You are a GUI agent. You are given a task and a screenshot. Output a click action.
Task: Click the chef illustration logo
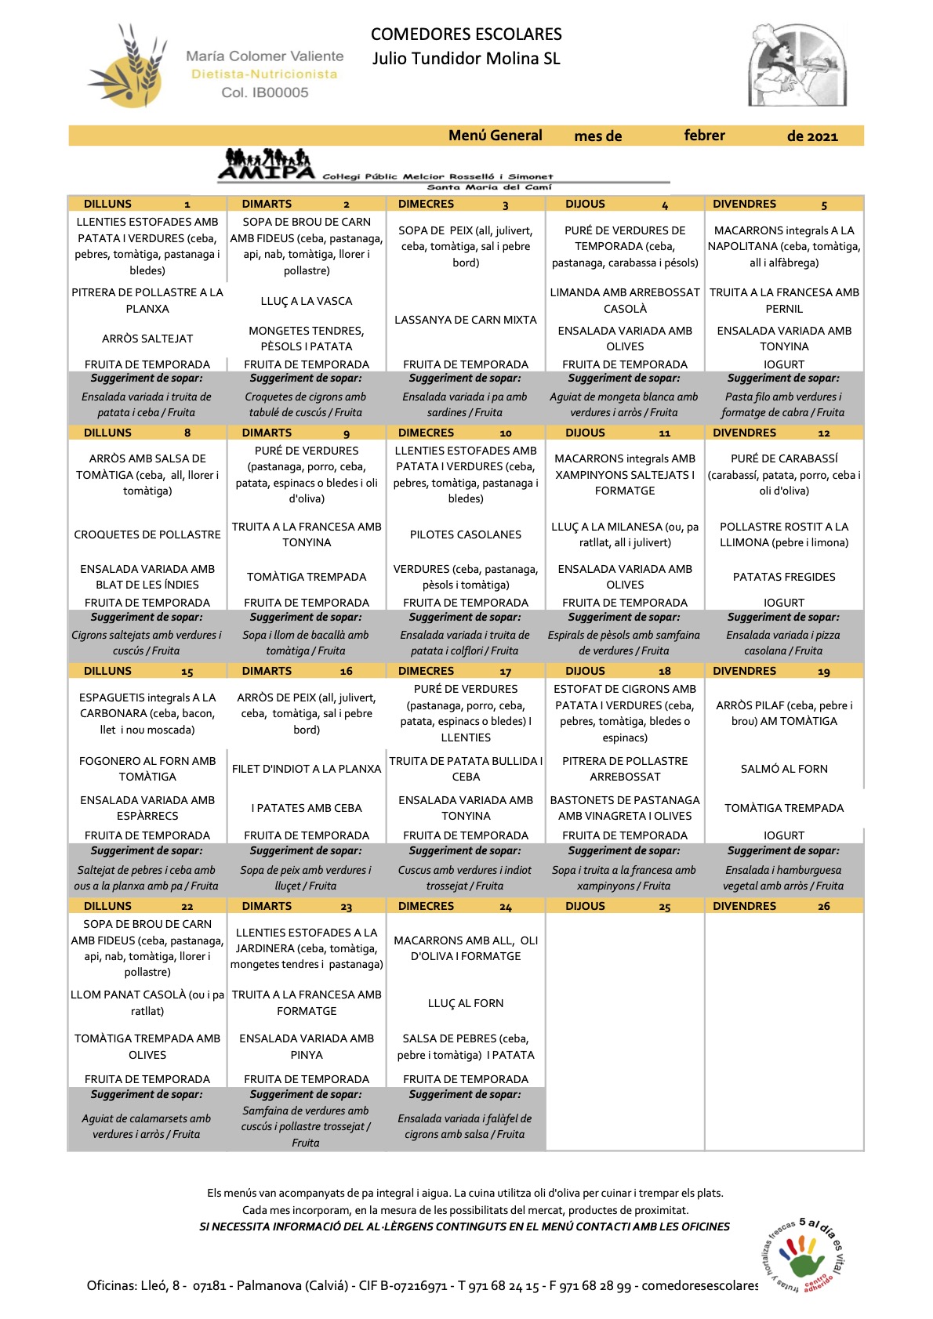click(797, 66)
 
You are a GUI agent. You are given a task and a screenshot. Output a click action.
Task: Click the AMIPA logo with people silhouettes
click(267, 165)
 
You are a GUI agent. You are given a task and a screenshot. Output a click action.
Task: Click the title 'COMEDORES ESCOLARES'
click(466, 34)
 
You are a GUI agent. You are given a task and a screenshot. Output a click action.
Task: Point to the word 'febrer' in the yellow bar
click(704, 136)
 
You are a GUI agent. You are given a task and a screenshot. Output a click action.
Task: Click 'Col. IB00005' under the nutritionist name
click(265, 92)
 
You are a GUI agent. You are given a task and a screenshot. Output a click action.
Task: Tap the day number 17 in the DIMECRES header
click(505, 672)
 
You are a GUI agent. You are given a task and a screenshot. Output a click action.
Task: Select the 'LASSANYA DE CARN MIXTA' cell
click(466, 320)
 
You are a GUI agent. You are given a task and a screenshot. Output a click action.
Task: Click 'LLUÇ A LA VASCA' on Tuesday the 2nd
click(307, 301)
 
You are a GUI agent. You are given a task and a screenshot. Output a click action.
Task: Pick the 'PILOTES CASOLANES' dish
click(466, 534)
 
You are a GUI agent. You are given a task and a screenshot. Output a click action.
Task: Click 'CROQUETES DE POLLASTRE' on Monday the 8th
click(147, 534)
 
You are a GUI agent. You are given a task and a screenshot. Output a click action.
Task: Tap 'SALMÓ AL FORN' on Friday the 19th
click(784, 769)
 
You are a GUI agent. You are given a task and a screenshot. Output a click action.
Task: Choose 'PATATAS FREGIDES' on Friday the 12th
click(784, 577)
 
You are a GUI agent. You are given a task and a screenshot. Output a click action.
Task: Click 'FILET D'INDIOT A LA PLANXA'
click(307, 769)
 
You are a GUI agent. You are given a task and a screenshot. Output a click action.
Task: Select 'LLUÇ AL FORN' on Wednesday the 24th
click(466, 1003)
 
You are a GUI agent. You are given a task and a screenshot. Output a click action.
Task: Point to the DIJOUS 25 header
click(624, 906)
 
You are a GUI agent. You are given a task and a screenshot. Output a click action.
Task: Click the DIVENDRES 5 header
click(784, 204)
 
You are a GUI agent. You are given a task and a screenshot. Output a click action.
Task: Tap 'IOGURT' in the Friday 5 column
click(784, 364)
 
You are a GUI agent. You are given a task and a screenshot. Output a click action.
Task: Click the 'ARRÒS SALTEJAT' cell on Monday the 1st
click(147, 339)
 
